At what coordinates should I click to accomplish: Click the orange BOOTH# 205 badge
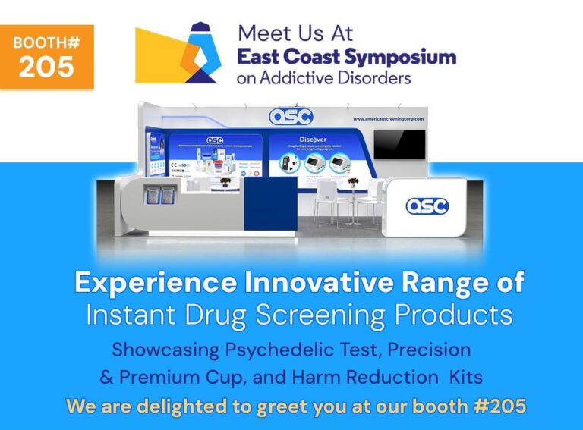[47, 57]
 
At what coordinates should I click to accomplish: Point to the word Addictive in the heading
[310, 77]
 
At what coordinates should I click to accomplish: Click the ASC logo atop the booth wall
[291, 116]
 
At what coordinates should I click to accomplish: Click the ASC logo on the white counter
[427, 206]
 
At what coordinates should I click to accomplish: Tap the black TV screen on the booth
[399, 144]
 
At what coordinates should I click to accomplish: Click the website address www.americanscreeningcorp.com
[386, 119]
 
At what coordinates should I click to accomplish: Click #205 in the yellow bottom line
[499, 405]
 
